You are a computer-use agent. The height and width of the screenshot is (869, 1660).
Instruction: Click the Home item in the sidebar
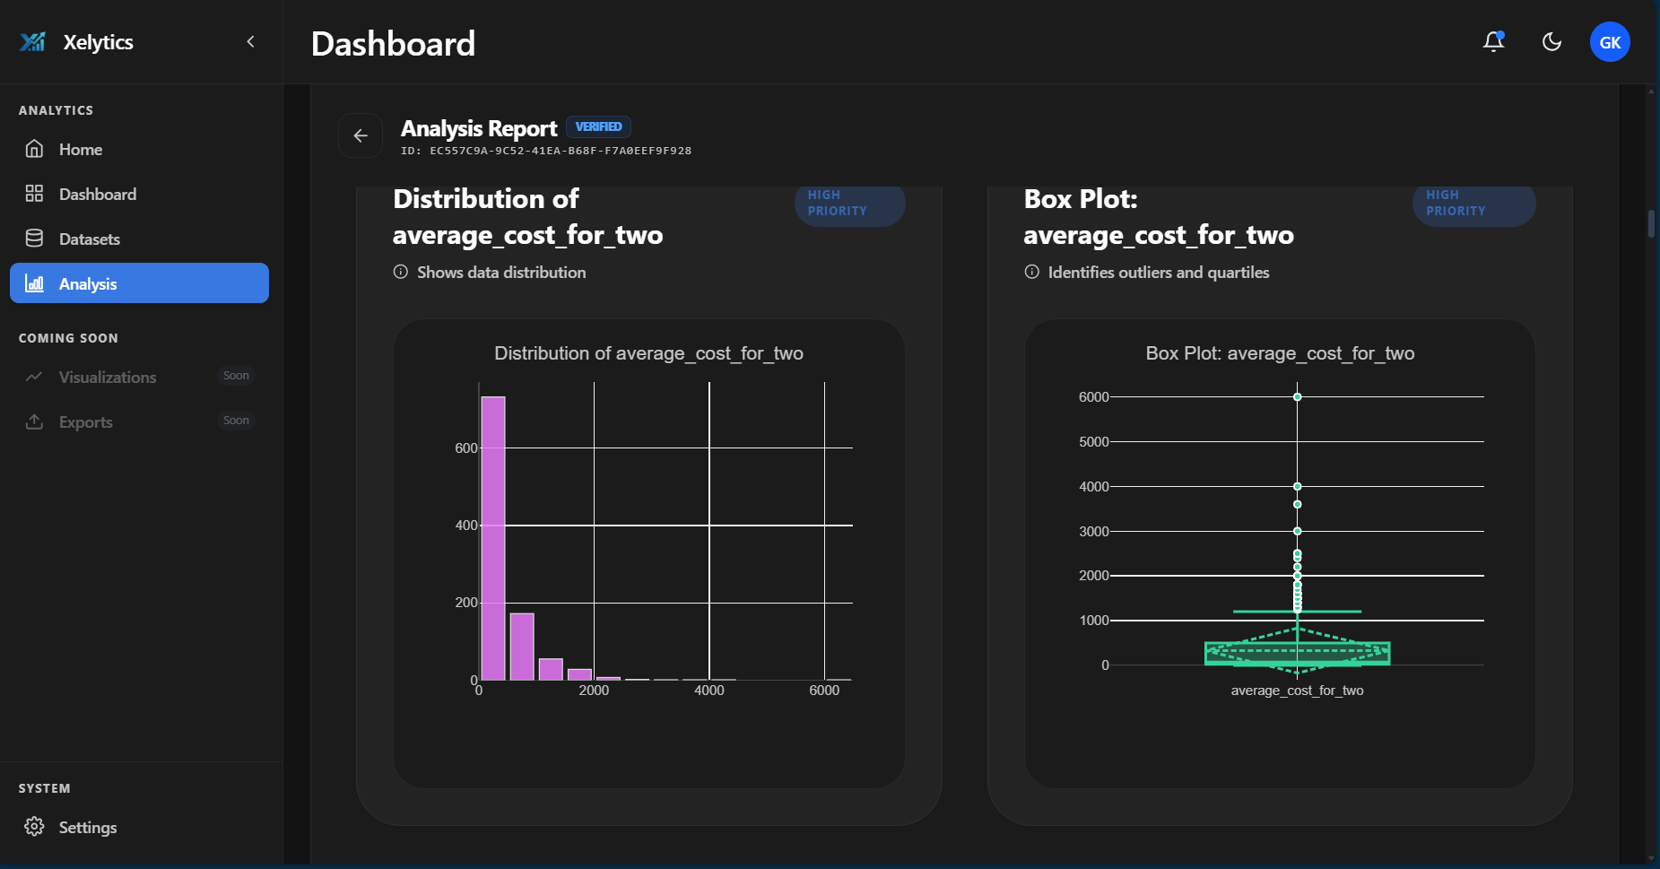pos(80,150)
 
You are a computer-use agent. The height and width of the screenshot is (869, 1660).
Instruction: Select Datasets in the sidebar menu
pos(89,239)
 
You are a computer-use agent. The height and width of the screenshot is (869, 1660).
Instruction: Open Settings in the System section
pos(87,828)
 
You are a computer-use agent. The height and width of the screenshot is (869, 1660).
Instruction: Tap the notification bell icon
pos(1493,42)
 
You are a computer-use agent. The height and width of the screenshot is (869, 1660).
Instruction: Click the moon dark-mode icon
pos(1551,42)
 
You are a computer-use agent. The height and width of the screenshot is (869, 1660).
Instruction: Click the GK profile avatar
pos(1610,42)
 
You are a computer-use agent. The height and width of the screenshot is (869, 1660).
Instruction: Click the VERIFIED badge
pos(598,127)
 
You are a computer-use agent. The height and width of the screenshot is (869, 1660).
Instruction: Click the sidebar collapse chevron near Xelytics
pos(251,42)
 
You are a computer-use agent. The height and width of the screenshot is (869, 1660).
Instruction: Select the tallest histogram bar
pos(493,538)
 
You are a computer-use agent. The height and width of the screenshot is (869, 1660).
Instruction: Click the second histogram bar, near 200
pos(522,647)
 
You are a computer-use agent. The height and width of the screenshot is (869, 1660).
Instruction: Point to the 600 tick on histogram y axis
pos(465,448)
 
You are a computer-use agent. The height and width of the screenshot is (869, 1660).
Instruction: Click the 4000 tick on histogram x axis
pos(708,691)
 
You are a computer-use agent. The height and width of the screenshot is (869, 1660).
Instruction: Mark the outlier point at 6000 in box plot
pos(1297,396)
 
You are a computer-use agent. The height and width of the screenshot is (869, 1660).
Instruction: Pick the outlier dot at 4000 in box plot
pos(1297,486)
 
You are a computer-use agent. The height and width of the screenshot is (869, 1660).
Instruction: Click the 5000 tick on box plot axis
pos(1093,442)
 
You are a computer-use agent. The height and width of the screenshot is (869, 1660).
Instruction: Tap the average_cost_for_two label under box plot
pos(1297,691)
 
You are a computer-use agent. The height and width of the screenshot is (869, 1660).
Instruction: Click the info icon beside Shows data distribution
pos(401,272)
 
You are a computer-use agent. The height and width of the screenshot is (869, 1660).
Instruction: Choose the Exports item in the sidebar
pos(85,422)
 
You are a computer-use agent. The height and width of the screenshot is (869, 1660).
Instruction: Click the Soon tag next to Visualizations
pos(236,376)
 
